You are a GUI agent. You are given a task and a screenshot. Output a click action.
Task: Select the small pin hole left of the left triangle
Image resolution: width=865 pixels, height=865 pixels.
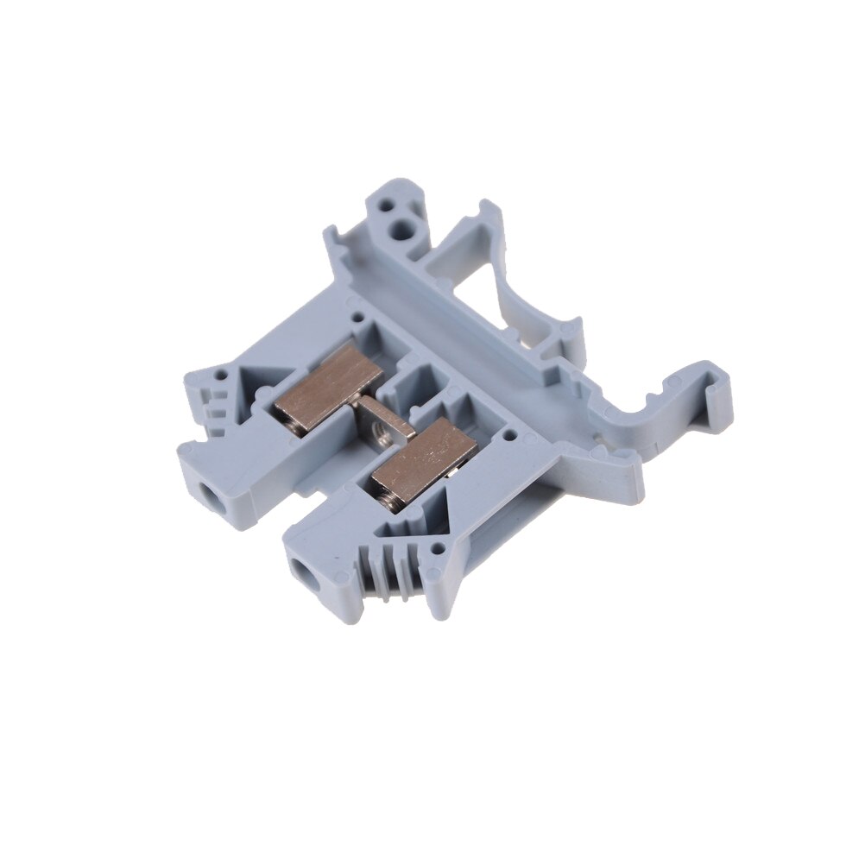click(x=223, y=377)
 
